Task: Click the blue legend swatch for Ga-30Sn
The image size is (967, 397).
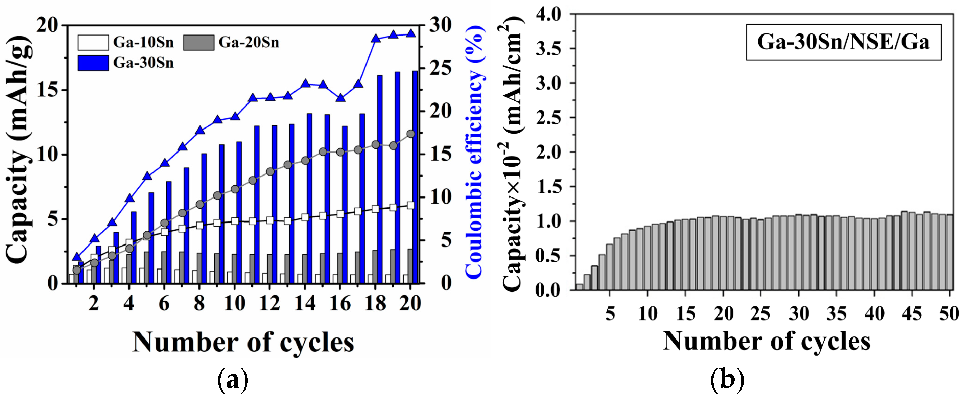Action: [x=93, y=63]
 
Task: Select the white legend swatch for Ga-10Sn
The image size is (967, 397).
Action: [x=93, y=43]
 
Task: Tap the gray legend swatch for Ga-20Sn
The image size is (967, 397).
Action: [x=198, y=43]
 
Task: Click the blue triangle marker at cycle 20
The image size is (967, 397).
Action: [x=411, y=33]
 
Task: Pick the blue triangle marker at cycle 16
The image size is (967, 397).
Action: [x=340, y=98]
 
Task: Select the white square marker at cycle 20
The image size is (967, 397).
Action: [x=411, y=206]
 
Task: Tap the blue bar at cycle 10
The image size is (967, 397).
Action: [x=239, y=212]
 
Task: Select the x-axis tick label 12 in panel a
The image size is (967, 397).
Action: [x=269, y=303]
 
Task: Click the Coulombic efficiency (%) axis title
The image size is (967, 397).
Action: [x=474, y=152]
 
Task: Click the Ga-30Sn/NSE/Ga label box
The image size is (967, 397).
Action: [x=843, y=42]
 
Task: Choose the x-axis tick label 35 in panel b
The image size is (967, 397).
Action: [x=836, y=313]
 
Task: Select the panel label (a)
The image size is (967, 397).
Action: [x=233, y=380]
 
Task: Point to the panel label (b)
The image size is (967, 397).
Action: [x=727, y=380]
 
